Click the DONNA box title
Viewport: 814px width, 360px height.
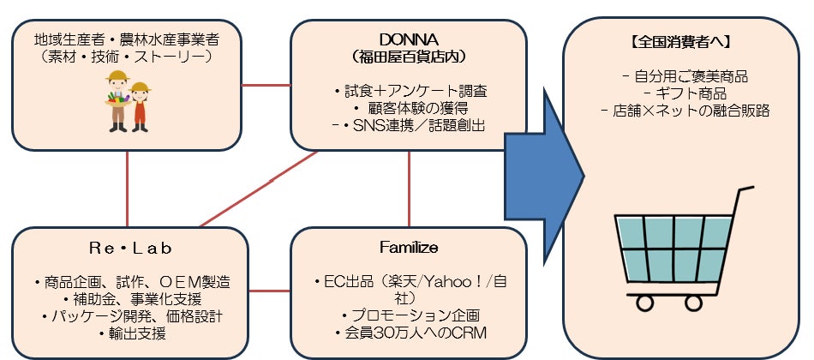coord(409,39)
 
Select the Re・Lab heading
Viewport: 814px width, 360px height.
coord(130,249)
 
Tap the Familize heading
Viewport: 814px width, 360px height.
coord(409,248)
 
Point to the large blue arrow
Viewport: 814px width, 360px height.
coord(545,176)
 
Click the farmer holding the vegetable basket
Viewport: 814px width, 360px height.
coord(118,101)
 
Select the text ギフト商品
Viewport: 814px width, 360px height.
coord(685,94)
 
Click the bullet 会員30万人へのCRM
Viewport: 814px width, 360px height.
coord(410,333)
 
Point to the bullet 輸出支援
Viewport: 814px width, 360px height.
coord(132,333)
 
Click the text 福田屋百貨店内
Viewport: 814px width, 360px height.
coord(409,57)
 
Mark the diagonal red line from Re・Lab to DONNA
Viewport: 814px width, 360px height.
coord(259,189)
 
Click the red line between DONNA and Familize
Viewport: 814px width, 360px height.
coord(409,189)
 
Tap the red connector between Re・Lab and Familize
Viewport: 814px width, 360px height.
coord(269,291)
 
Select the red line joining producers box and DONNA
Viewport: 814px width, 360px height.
coord(266,85)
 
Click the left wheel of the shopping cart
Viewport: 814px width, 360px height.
coord(644,303)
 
